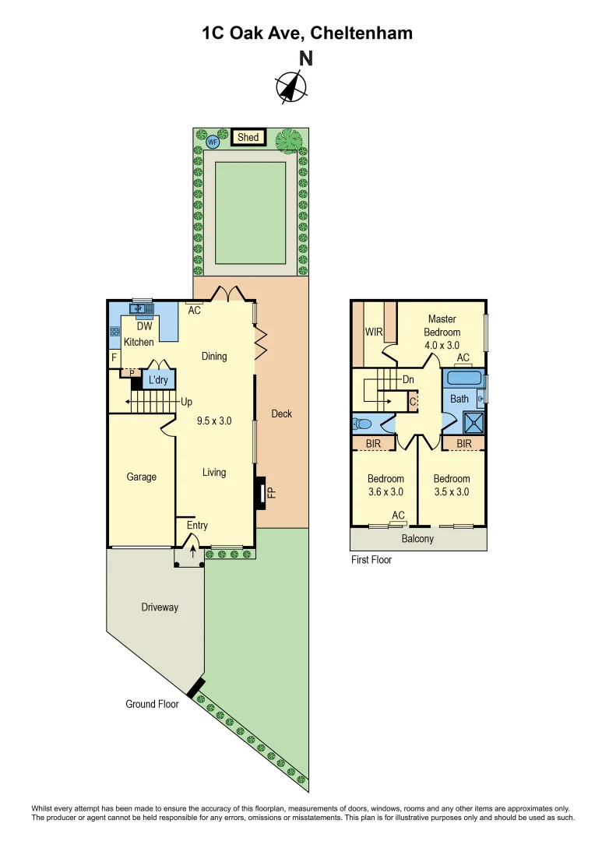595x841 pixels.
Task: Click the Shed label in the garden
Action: point(248,138)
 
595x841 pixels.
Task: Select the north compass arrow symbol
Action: point(290,86)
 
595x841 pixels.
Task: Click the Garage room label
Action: point(142,477)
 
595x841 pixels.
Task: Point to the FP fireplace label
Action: point(271,492)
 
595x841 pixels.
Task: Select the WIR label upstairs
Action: point(375,332)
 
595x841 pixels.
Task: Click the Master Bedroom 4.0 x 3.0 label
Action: point(442,332)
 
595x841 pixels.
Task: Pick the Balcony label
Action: point(417,539)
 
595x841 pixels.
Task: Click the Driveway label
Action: point(160,607)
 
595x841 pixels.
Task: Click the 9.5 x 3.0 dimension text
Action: point(214,420)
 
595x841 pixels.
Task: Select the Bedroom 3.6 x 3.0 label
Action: point(386,485)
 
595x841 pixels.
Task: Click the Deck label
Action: point(281,413)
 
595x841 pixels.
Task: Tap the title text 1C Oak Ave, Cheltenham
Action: point(307,33)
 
